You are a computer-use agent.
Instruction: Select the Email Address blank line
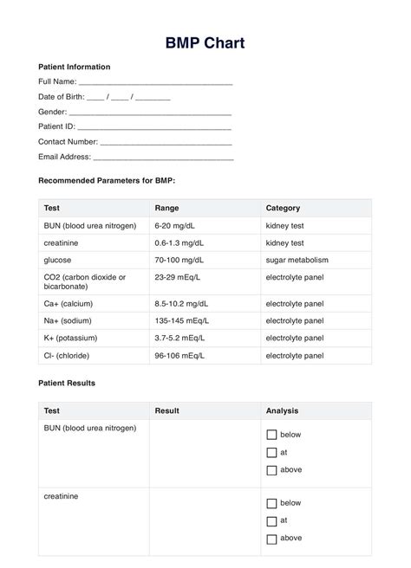163,158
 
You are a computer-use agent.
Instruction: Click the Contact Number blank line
166,143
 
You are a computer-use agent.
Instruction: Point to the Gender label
52,112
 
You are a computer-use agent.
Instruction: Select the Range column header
166,208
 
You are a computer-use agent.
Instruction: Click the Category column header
283,208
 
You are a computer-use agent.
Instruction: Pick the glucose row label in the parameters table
57,260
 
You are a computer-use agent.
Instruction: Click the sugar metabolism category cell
297,260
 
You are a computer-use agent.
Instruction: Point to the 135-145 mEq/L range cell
183,321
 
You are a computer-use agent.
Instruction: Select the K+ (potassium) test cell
69,338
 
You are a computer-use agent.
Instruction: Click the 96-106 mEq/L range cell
181,355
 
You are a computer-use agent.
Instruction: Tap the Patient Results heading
67,383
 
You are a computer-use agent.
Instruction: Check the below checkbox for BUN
271,435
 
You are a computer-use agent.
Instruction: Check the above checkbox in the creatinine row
271,539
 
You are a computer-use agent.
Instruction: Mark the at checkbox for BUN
271,453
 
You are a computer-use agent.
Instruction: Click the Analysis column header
284,410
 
